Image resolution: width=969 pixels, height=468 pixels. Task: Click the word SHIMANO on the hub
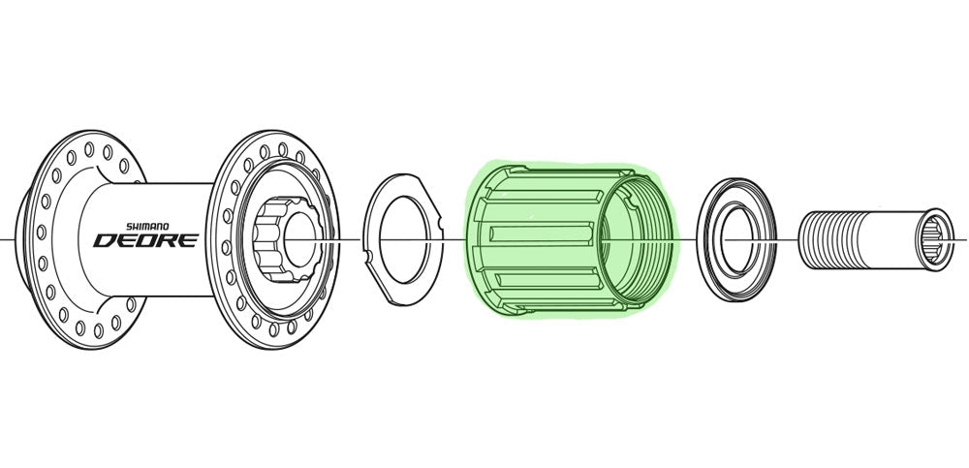pyautogui.click(x=147, y=227)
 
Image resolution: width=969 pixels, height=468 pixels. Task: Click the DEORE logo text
pyautogui.click(x=146, y=240)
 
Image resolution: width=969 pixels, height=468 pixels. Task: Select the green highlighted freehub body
pyautogui.click(x=571, y=239)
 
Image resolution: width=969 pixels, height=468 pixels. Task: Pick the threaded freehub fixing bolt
pyautogui.click(x=875, y=239)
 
